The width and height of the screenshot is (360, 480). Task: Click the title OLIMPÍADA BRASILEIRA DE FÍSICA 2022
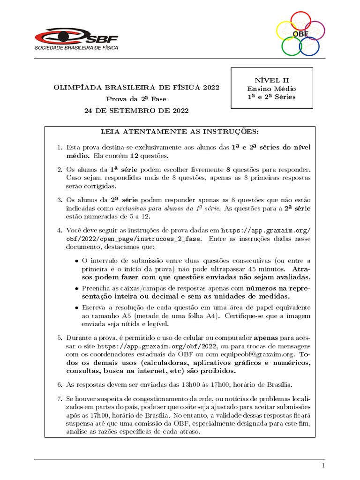(136, 88)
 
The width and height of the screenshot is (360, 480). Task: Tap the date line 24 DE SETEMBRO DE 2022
(136, 111)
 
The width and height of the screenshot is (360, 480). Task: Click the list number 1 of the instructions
(59, 147)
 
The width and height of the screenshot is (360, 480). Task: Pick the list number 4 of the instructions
(59, 231)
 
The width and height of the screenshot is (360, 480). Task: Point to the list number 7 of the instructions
(59, 398)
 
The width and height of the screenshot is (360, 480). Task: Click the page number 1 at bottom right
(323, 465)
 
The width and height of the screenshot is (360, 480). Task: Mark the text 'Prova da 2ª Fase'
(136, 99)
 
